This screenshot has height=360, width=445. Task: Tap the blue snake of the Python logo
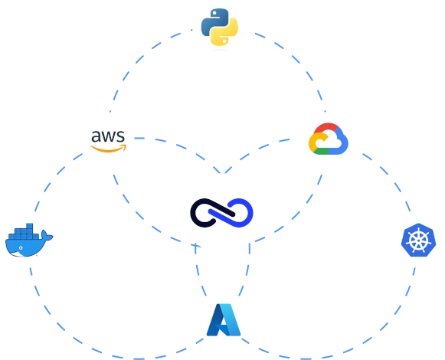(213, 21)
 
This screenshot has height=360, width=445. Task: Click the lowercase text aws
(108, 136)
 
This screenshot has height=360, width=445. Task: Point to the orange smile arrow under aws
(109, 147)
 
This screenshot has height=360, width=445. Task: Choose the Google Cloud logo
(329, 139)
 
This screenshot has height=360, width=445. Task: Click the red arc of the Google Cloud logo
(326, 129)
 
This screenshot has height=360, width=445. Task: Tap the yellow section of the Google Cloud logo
(312, 142)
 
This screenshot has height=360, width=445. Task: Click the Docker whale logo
(28, 239)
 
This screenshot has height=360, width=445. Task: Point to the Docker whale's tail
(48, 237)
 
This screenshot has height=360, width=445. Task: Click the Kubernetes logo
(417, 240)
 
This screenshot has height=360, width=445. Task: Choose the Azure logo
(224, 320)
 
